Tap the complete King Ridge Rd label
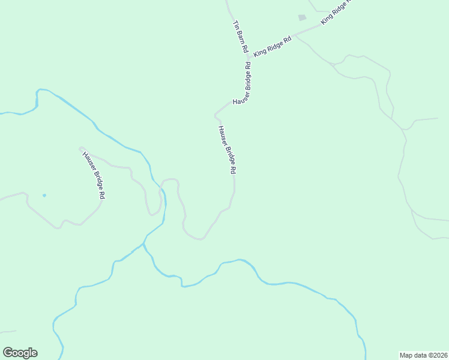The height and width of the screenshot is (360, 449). coord(272,46)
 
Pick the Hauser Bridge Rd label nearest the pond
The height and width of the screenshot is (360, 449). coord(94,175)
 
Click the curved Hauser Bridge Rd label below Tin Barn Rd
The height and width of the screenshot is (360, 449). coord(241,86)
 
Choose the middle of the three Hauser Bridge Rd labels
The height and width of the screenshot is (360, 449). coord(226,150)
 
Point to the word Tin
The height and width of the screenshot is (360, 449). coord(235,25)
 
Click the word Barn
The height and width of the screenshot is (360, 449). coord(240,36)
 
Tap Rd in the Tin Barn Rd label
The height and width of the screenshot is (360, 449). coord(244,47)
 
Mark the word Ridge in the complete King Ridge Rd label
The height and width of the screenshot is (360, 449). coord(273,46)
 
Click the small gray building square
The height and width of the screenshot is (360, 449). coord(302,18)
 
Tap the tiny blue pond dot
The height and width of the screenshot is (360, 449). coord(44,195)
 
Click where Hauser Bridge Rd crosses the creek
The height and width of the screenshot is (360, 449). coord(161,191)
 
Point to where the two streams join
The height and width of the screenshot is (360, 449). coord(144,245)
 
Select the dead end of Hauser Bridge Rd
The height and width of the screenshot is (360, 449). coord(80,148)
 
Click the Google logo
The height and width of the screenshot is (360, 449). coord(20,352)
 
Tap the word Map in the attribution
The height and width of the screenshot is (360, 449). coord(408,355)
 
